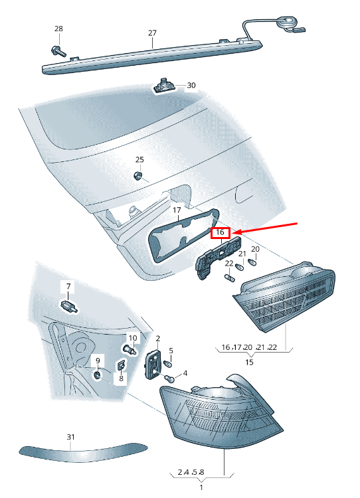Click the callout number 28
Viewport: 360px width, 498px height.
[x=58, y=29]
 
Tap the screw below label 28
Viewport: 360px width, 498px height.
[x=58, y=51]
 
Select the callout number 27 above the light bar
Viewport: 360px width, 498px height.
[x=153, y=33]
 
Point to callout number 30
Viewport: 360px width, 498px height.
[x=191, y=85]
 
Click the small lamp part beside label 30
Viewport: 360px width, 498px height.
[x=164, y=86]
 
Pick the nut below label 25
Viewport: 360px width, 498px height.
[x=138, y=175]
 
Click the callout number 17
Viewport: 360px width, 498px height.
[x=177, y=210]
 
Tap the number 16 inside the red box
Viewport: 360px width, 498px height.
[x=220, y=232]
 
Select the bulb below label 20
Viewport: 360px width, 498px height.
[x=254, y=262]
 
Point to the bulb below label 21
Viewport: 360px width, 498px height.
[x=240, y=268]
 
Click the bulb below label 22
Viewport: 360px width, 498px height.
[x=229, y=278]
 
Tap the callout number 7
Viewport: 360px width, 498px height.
[x=68, y=286]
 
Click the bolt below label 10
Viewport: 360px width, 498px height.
[x=130, y=350]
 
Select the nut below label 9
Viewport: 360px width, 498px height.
[x=97, y=374]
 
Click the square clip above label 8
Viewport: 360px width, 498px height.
[x=121, y=366]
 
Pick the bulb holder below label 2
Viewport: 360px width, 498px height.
[x=154, y=365]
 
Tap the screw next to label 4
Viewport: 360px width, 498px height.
[x=169, y=378]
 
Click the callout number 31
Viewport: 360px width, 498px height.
[x=70, y=437]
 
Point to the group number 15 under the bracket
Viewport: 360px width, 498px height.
[x=250, y=362]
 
